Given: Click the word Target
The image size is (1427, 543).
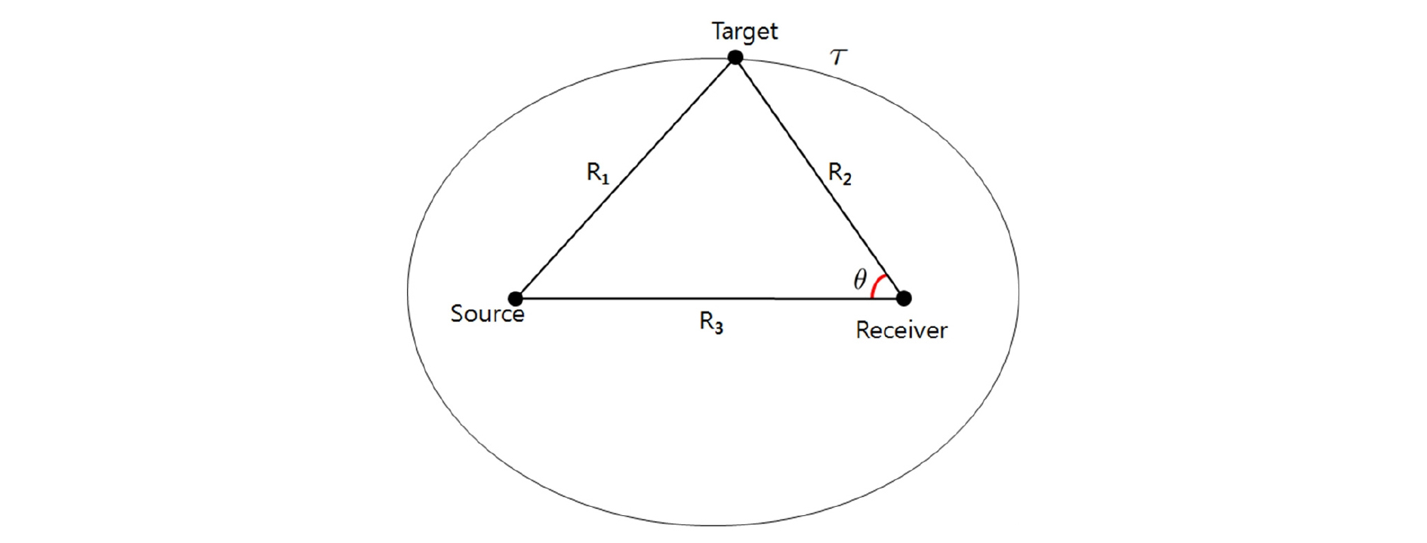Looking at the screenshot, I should click(x=744, y=32).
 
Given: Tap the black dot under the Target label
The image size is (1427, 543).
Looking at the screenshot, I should click(x=735, y=57).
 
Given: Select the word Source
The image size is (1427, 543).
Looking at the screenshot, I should click(x=487, y=314).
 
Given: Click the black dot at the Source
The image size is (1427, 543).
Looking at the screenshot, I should click(x=516, y=298).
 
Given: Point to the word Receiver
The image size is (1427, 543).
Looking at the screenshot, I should click(x=901, y=330).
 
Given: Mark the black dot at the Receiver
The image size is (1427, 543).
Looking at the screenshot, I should click(x=904, y=298).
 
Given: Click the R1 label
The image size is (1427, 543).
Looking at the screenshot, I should click(x=597, y=174).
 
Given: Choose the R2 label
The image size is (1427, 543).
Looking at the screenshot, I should click(x=839, y=173).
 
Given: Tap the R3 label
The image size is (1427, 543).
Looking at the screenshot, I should click(x=710, y=323).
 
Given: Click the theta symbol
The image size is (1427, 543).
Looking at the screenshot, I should click(x=859, y=281).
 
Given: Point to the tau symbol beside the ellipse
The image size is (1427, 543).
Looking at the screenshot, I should click(x=838, y=57).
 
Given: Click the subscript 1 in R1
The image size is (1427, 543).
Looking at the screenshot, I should click(x=605, y=179).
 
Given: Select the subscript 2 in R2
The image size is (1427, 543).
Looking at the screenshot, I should click(x=846, y=179).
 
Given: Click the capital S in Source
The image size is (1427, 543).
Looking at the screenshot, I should click(x=457, y=314).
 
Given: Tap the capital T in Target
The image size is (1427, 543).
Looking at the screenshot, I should click(x=718, y=31).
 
